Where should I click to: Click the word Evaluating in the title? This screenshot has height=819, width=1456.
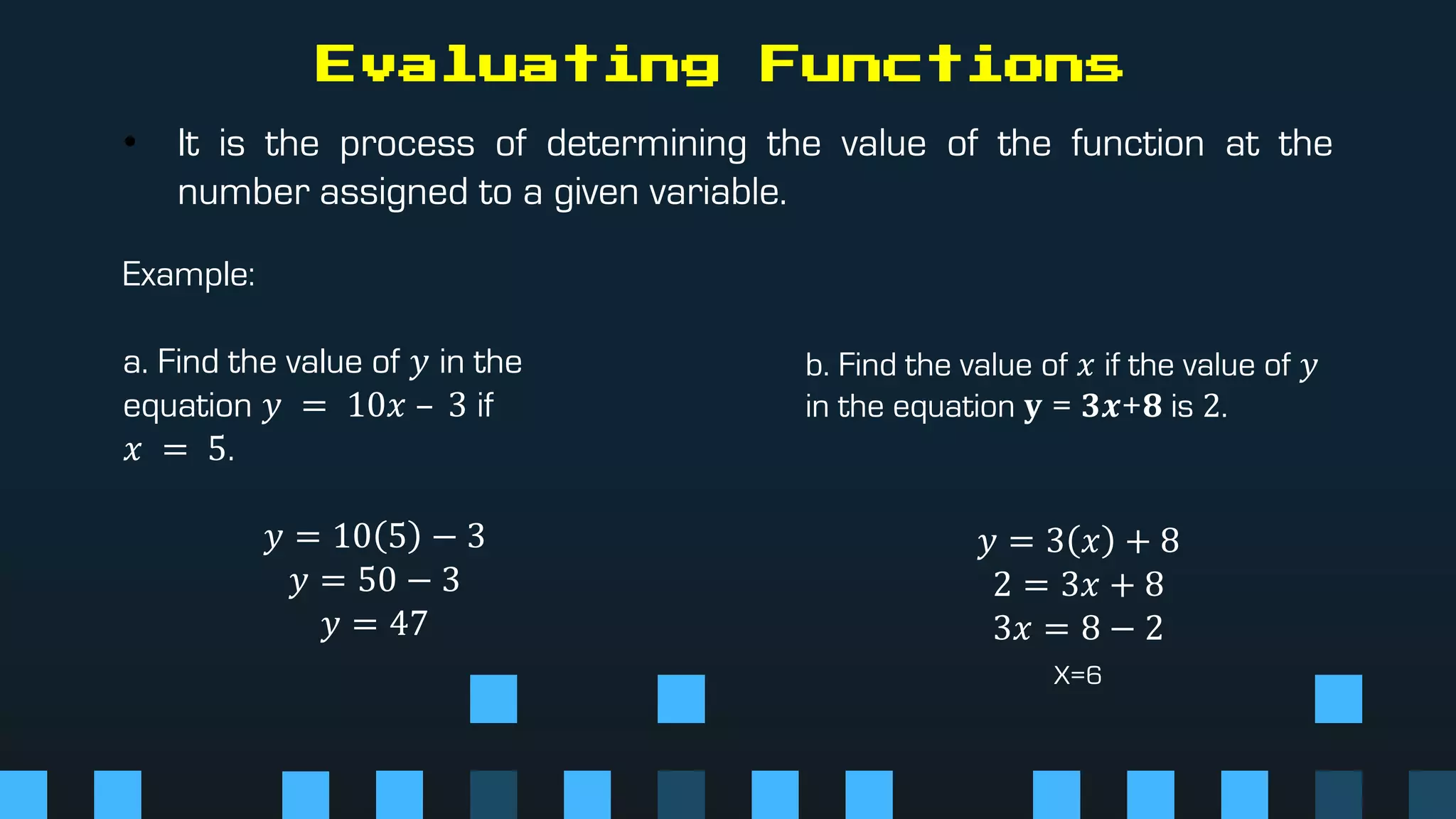pos(517,64)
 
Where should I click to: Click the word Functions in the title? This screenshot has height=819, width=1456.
pos(941,64)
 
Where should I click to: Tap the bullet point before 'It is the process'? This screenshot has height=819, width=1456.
pos(130,141)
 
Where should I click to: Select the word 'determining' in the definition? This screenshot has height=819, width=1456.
pos(646,144)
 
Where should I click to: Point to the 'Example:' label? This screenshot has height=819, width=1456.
pos(188,274)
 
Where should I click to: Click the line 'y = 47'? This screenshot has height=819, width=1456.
pos(374,624)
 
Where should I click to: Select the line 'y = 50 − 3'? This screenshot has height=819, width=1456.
pos(374,580)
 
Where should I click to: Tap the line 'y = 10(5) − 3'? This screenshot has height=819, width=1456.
pos(374,536)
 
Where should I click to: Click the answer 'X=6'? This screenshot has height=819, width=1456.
pos(1077,675)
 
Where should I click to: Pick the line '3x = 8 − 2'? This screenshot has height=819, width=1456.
pos(1078,628)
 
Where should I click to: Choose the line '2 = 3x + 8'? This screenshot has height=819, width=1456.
pos(1078,584)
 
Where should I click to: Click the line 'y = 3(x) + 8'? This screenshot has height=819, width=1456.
pos(1078,541)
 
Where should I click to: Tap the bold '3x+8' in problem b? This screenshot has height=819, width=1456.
pos(1121,407)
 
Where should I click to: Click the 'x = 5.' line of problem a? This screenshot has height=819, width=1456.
pos(178,449)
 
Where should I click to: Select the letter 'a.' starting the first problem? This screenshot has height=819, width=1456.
pos(135,363)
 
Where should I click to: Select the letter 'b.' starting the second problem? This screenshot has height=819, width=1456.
pos(817,365)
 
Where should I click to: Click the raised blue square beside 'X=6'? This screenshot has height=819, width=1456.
pos(1338,699)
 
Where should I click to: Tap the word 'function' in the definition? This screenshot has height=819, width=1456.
pos(1137,144)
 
